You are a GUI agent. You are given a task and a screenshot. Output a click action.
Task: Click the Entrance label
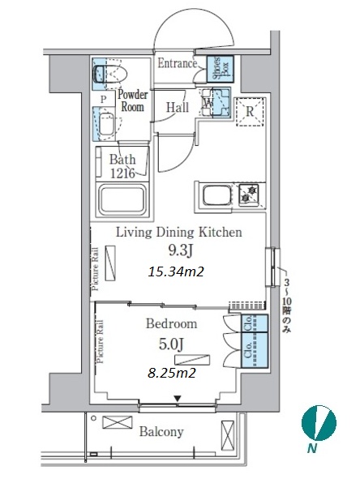178,63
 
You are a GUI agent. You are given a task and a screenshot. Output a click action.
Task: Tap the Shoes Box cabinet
220,69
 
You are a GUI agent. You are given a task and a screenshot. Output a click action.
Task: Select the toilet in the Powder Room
110,74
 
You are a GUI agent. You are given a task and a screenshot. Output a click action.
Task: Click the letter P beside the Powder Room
104,99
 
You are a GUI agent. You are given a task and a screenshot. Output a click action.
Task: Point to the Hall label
178,108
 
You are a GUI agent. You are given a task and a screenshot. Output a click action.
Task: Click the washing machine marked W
216,102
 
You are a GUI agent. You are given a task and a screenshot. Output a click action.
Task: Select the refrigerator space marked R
250,112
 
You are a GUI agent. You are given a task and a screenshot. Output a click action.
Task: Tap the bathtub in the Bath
122,200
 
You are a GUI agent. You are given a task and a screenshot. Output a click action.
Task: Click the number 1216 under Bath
122,174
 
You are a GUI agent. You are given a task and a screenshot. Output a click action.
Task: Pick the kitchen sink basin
216,195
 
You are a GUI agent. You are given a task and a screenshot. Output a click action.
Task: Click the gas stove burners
249,194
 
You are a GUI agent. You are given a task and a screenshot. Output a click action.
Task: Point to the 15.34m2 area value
176,271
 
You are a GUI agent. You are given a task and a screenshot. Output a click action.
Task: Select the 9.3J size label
180,251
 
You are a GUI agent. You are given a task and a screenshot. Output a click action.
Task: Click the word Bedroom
171,323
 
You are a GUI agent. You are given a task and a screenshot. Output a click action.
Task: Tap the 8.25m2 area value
172,373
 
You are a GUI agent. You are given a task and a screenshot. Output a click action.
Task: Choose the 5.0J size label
171,344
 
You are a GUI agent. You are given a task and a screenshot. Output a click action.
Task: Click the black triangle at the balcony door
177,399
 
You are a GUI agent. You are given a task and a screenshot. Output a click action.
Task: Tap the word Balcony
161,432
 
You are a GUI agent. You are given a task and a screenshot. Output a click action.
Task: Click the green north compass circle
319,423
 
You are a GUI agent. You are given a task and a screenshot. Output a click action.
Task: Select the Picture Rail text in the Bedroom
100,342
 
